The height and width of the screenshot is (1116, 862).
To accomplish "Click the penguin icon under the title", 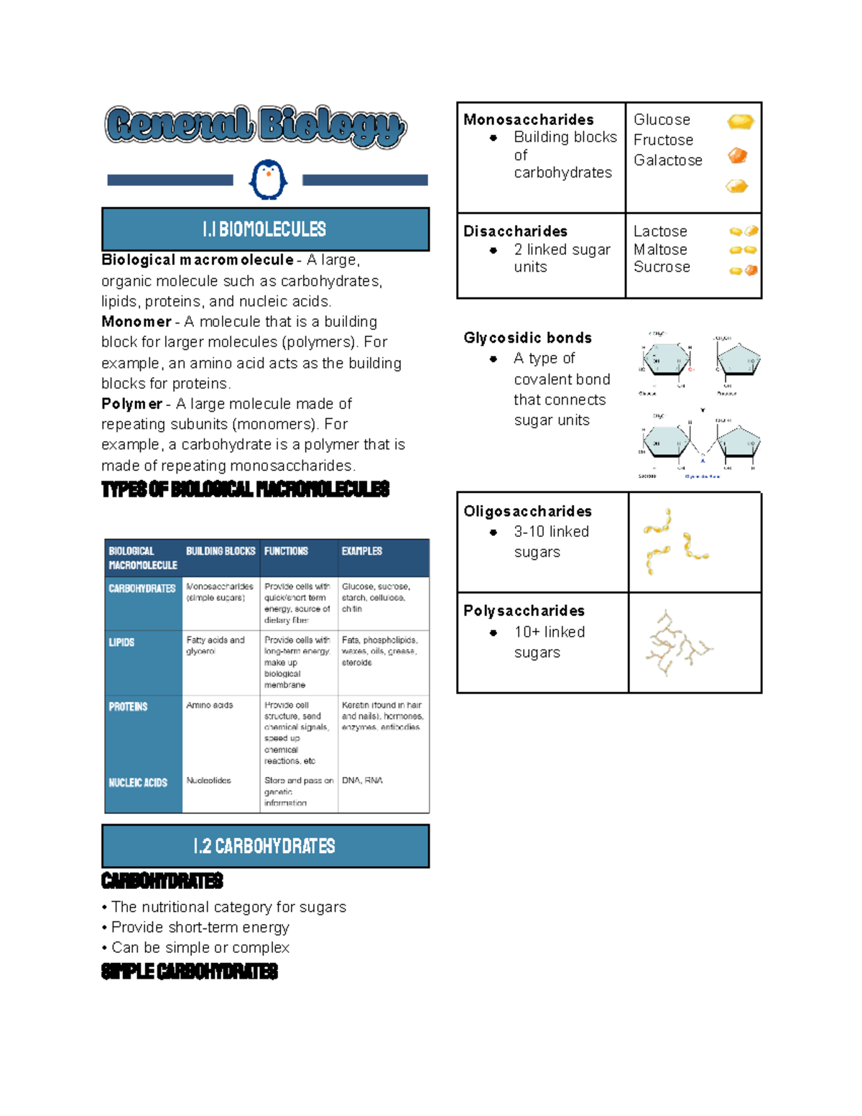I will coord(268,180).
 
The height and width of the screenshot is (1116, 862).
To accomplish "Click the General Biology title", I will coord(256,126).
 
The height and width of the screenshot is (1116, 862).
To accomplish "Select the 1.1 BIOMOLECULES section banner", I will coord(265,229).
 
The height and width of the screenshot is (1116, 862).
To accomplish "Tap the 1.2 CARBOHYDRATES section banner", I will coord(265,846).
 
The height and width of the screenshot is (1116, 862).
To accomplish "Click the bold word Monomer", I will coord(136,322).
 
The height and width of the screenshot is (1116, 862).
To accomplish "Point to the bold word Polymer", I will coord(132,404).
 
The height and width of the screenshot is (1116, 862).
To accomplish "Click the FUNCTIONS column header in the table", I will coord(286,551).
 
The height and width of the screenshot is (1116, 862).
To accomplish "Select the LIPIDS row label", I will coord(121,642).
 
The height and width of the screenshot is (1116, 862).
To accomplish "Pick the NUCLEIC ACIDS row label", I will coord(138,783).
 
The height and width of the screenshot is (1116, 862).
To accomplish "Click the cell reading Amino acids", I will coord(210,705).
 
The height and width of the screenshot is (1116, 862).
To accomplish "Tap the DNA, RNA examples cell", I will coord(363,780).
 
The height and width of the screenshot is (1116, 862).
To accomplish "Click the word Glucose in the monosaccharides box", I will coord(662,120).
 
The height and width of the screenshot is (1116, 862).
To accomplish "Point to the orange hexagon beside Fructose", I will coord(738,155).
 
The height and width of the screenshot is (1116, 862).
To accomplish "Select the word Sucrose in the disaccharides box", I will coord(662,267).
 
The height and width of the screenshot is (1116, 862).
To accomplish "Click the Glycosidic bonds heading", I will coord(528,338).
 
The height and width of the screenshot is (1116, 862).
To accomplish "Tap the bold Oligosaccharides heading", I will coord(528,512).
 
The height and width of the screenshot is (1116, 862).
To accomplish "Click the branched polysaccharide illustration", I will coord(677,643).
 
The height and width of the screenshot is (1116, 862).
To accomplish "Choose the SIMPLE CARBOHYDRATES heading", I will coord(190,972).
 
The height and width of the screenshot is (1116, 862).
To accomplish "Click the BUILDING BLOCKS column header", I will coord(221,551).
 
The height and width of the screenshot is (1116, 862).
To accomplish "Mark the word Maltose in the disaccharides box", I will coord(660,249).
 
